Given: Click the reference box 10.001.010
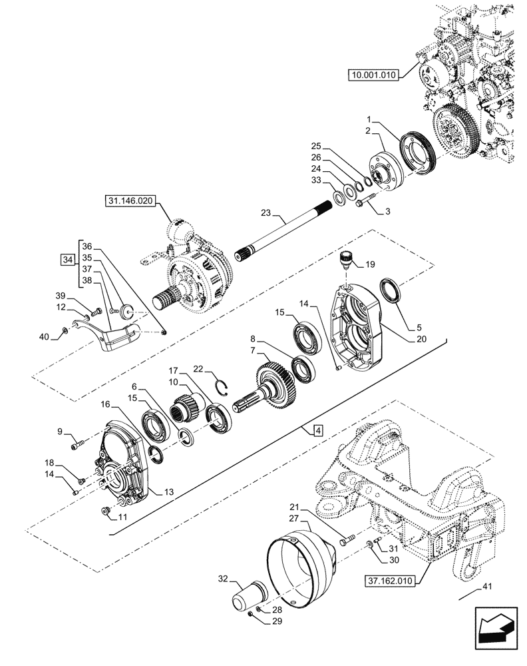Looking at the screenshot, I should pos(372,75).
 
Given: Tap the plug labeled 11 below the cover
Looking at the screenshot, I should pos(105,511).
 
